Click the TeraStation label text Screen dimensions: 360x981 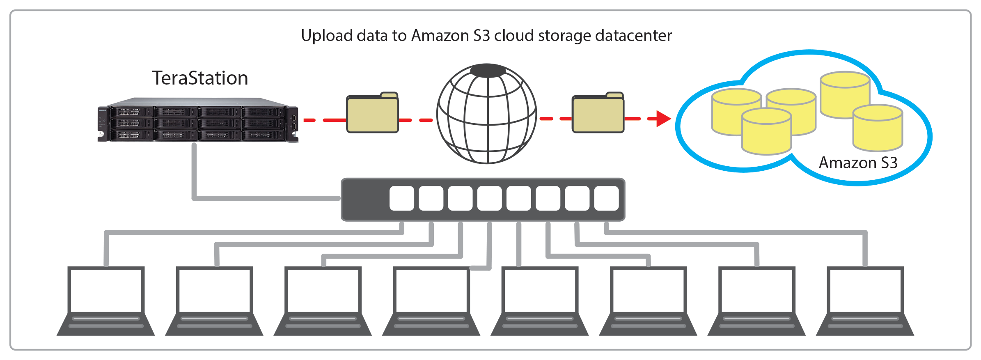pos(200,78)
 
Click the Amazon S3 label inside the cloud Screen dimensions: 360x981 pos(858,163)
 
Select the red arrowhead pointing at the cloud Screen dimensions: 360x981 pos(662,119)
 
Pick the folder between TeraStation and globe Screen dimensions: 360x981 pos(372,114)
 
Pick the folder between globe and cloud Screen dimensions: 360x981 pos(598,114)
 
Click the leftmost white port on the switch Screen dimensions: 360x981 pos(401,198)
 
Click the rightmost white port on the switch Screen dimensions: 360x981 pos(606,198)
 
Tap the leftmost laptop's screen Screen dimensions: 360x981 pos(106,290)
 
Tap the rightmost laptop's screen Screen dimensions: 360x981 pos(865,290)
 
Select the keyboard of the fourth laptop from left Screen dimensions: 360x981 pos(431,323)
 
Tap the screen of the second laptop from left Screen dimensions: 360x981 pos(214,290)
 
